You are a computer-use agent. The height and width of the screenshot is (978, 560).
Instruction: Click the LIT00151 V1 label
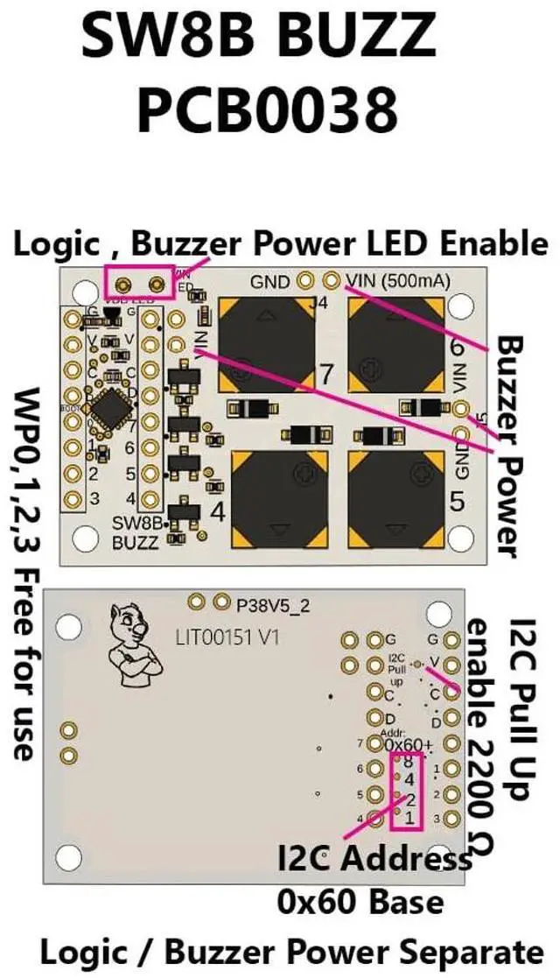[x=227, y=638]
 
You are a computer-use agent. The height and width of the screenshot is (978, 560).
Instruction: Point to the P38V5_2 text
[x=270, y=603]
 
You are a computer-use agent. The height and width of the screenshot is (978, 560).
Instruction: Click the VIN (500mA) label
[x=398, y=281]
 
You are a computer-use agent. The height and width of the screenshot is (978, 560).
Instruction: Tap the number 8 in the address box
[x=409, y=762]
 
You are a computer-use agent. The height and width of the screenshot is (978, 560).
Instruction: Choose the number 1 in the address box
[x=409, y=818]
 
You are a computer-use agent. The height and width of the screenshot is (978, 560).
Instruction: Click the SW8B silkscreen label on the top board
[x=139, y=523]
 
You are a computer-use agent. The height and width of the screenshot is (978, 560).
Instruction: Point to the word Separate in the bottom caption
[x=472, y=951]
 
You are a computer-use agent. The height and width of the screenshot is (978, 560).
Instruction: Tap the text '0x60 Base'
[x=360, y=900]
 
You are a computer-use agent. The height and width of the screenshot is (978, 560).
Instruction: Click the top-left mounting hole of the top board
[x=84, y=291]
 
